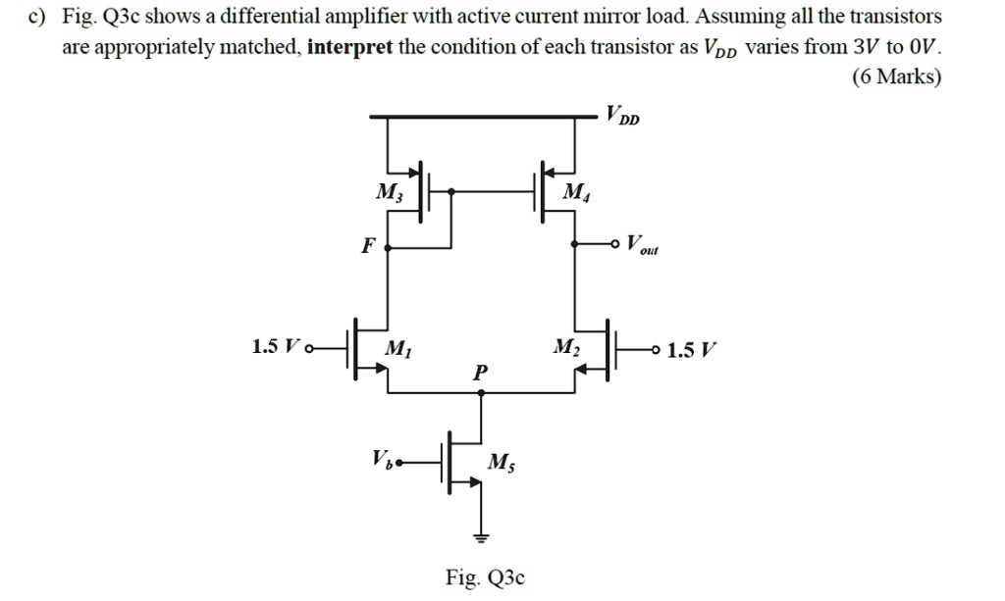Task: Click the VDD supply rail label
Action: [622, 116]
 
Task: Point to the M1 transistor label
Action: [397, 347]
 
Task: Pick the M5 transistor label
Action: [499, 462]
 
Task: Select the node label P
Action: [479, 373]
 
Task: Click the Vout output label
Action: [643, 244]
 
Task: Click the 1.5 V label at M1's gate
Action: [274, 347]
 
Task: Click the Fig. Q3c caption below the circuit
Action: [485, 577]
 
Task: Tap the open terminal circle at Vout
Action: [616, 243]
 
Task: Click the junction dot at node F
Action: [388, 247]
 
